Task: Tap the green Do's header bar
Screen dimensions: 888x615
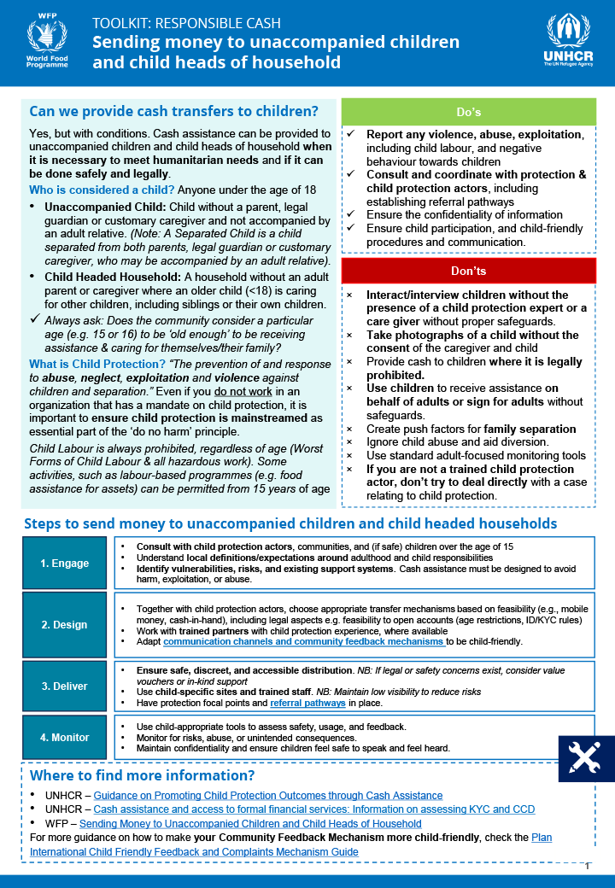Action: point(468,112)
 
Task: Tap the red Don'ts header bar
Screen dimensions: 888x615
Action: point(468,271)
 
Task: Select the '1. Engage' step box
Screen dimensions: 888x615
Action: point(65,563)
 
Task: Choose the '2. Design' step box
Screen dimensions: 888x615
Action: point(65,624)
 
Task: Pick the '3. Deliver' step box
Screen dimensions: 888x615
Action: point(65,686)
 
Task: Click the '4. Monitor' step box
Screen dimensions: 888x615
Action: point(65,737)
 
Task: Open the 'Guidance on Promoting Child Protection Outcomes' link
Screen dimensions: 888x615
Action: point(267,795)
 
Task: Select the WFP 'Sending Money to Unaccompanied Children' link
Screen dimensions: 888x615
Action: point(250,824)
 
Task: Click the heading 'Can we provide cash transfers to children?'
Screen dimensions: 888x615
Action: point(173,111)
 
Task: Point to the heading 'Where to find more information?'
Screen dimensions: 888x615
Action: point(142,775)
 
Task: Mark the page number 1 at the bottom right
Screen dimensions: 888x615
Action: point(587,866)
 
